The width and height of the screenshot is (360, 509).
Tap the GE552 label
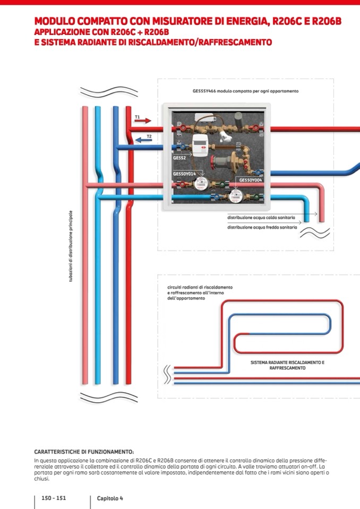coord(179,158)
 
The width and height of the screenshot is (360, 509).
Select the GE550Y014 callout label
coord(184,174)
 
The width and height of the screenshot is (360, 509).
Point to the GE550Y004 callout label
coord(250,180)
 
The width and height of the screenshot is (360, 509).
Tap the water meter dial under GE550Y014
coord(201,184)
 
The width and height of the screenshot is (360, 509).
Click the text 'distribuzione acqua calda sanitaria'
coord(262,218)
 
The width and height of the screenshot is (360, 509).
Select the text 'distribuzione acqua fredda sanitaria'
coord(262,227)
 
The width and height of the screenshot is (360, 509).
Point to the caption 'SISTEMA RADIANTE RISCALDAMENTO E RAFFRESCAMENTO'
coord(287,365)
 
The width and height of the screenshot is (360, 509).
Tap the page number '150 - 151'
coord(54,498)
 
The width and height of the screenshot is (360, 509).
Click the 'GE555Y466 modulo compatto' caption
coord(245,91)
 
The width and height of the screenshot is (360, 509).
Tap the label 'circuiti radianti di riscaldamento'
coord(199,287)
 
